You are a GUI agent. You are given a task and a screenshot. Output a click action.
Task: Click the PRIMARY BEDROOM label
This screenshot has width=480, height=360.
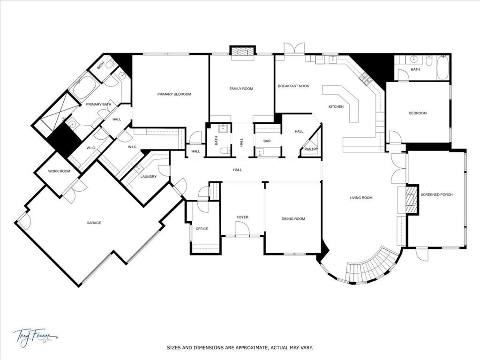tap(174, 94)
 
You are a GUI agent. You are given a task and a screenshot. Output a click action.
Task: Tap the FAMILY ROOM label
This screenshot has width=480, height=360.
tap(241, 89)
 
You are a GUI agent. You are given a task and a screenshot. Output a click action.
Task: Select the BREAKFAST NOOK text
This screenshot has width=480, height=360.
tap(293, 86)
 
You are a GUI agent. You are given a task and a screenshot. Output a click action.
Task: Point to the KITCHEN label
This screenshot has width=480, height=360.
tap(336, 107)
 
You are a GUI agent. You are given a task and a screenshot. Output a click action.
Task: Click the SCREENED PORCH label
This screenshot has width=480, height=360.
tap(436, 195)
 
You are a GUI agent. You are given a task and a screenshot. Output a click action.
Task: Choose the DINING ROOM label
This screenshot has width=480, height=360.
tap(293, 219)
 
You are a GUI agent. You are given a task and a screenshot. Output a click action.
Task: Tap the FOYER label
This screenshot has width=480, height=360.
tap(242, 217)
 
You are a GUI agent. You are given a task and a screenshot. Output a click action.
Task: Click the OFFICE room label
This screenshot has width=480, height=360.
tap(202, 229)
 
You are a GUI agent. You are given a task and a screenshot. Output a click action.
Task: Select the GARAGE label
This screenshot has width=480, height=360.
tap(93, 223)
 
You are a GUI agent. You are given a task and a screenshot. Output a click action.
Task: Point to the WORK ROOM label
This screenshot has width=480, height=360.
tap(59, 171)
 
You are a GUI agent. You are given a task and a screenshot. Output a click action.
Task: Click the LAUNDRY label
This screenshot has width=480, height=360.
tap(148, 177)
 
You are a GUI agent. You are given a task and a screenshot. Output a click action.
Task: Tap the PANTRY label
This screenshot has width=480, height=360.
tap(311, 149)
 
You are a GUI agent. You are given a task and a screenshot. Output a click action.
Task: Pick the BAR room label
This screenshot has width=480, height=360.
tap(267, 141)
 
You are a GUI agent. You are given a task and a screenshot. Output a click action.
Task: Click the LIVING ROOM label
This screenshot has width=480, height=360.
tap(360, 198)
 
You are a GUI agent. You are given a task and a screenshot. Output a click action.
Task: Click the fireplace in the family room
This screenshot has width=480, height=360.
tap(242, 52)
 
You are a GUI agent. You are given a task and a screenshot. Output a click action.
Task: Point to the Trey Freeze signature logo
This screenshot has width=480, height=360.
tap(35, 336)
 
